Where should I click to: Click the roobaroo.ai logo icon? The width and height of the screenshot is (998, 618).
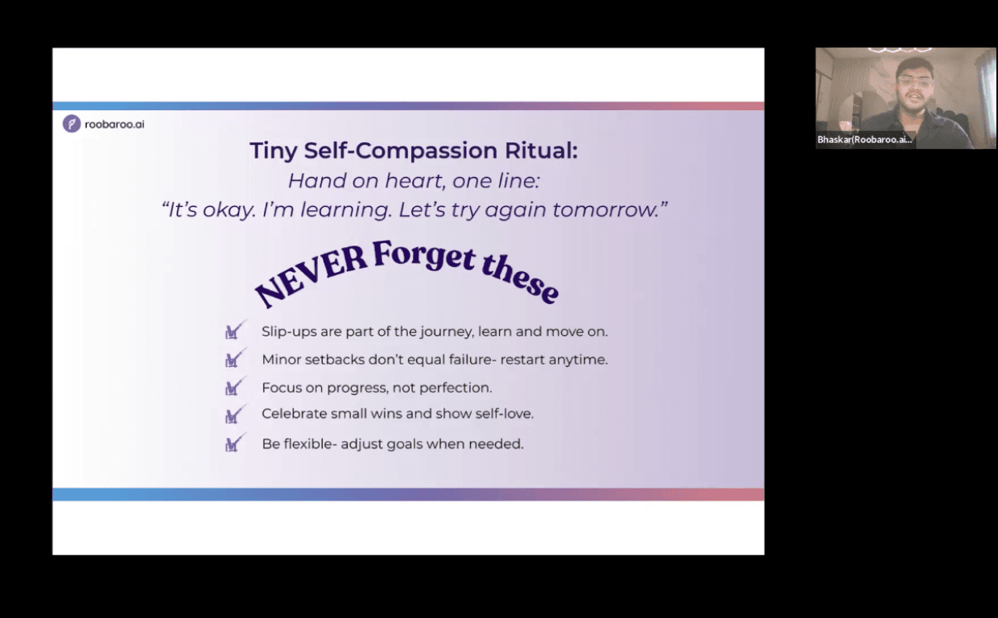click(x=72, y=124)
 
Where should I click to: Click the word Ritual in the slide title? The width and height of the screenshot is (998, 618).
click(x=541, y=150)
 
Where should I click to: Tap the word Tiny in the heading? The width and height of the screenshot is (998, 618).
click(x=274, y=151)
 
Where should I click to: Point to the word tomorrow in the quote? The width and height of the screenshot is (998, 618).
click(x=606, y=209)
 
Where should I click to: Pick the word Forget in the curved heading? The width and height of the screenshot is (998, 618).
click(x=424, y=255)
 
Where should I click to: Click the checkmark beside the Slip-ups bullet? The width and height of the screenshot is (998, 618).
click(x=235, y=330)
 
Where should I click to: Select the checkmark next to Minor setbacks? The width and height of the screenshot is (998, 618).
click(x=235, y=358)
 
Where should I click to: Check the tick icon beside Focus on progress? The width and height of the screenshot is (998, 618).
click(x=235, y=386)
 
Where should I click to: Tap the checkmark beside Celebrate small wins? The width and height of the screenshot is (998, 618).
click(x=235, y=414)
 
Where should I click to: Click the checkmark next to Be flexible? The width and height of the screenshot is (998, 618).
click(x=235, y=443)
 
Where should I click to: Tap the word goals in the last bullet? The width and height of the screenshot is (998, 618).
click(x=405, y=445)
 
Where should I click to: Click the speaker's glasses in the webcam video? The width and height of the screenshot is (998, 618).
click(x=913, y=81)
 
